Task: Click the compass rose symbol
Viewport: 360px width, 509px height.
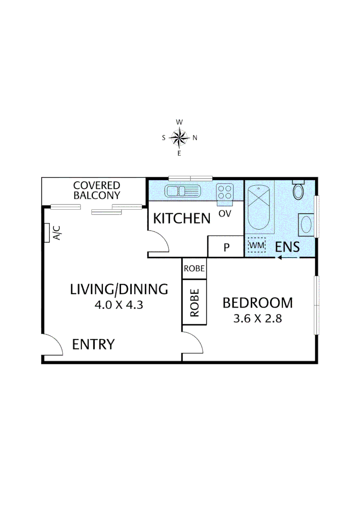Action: (x=179, y=138)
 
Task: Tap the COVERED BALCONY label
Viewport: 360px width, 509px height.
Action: (x=96, y=190)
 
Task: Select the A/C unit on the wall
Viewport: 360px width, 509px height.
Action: (x=47, y=232)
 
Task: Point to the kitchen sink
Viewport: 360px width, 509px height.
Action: (x=182, y=191)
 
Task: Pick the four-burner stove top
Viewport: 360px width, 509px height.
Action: (x=225, y=191)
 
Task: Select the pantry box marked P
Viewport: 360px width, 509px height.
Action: (x=226, y=247)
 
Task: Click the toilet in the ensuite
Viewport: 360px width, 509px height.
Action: (x=298, y=190)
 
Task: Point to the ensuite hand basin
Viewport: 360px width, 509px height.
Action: (x=305, y=224)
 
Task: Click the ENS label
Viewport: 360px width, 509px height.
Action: (x=287, y=246)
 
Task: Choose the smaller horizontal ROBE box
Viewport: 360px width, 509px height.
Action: (x=194, y=269)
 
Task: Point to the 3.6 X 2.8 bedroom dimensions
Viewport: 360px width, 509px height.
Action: (x=257, y=318)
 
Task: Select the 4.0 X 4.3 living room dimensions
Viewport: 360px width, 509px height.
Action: (x=119, y=304)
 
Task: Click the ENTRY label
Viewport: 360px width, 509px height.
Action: (x=93, y=345)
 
